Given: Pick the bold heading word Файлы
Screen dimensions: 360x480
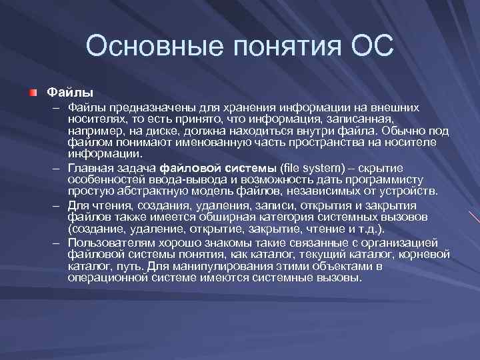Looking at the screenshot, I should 69,90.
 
